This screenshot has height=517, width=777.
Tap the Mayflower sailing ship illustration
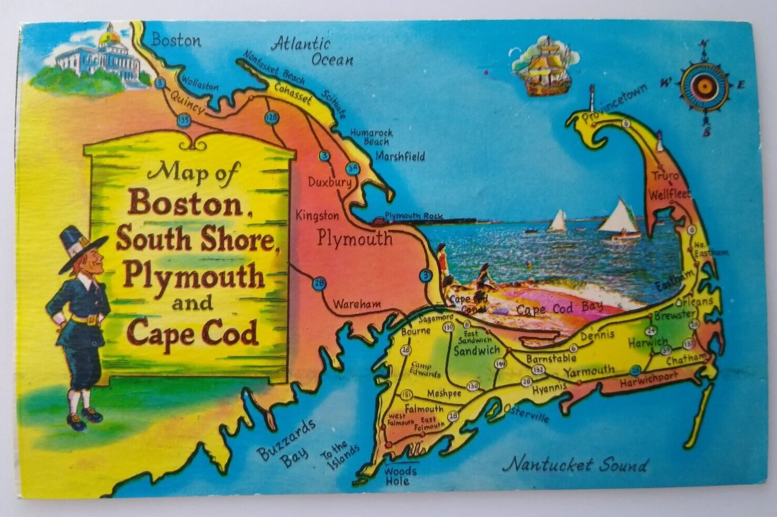pos(545,68)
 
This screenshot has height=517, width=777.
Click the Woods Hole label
pos(400,476)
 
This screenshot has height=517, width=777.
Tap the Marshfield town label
pos(400,156)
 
